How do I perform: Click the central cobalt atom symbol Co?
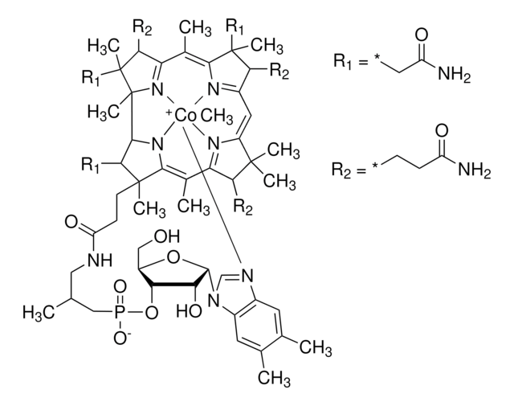tap(186, 116)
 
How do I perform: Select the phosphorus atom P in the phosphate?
tap(119, 313)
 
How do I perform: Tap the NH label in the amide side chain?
tap(100, 260)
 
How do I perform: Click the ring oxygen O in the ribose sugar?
tap(173, 258)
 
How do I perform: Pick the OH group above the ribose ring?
tap(167, 236)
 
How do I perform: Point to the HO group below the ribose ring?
tap(190, 310)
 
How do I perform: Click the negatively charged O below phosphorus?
tap(121, 338)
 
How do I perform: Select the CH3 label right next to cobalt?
tap(216, 117)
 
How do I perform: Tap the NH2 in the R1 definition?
tap(455, 75)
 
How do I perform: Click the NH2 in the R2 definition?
tap(474, 170)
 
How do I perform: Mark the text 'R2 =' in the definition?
tap(349, 170)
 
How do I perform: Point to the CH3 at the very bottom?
tap(274, 378)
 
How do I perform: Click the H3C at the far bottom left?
tap(39, 312)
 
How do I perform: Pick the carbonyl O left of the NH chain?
tap(71, 222)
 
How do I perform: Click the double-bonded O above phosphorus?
tap(119, 287)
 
